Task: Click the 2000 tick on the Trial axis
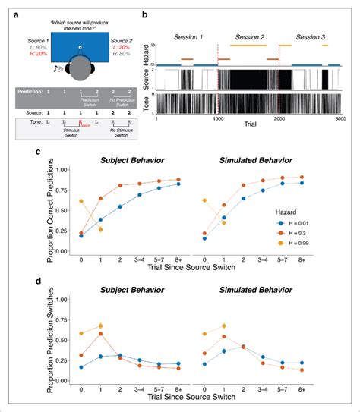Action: [x=280, y=119]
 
